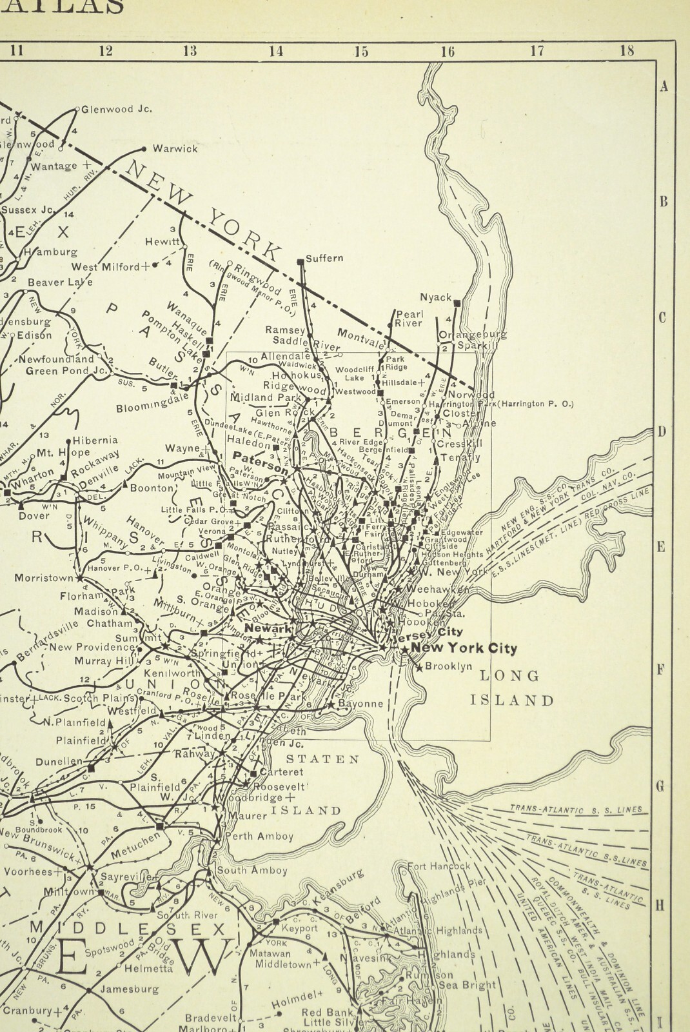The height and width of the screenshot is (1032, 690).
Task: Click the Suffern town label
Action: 324,258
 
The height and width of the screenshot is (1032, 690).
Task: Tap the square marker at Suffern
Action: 300,261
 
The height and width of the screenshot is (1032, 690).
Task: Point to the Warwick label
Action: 175,148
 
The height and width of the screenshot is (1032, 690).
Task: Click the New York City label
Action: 464,648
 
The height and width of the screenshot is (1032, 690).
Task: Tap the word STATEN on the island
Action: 322,759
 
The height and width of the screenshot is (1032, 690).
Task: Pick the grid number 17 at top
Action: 537,52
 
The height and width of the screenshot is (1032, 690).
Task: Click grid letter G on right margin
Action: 660,786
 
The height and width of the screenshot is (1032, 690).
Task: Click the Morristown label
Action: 44,577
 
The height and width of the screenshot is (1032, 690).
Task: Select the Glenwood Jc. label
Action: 116,109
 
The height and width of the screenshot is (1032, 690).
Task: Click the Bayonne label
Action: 363,704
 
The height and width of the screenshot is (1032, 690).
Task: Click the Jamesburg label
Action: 130,988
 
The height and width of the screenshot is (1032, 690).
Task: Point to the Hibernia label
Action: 95,440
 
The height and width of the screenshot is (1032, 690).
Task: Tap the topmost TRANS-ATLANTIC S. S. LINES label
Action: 576,809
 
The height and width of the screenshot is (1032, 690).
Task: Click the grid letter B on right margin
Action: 663,202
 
